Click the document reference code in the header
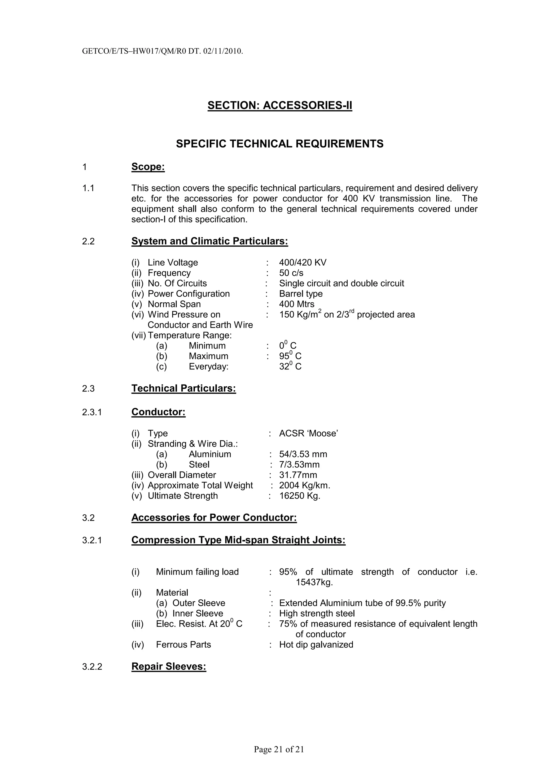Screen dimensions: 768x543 (x=162, y=51)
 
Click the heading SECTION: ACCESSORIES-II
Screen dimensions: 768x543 (x=280, y=105)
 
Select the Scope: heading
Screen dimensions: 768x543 (x=148, y=167)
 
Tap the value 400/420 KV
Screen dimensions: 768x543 (x=303, y=263)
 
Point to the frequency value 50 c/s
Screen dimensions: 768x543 (x=291, y=273)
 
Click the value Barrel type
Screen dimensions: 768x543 (x=301, y=294)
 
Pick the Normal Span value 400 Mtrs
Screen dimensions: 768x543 (x=296, y=304)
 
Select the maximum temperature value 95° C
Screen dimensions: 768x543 (x=290, y=356)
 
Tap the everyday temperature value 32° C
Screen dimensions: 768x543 (x=290, y=367)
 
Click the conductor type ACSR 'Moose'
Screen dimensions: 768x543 (x=308, y=434)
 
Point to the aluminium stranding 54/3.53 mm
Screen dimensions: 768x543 (x=303, y=454)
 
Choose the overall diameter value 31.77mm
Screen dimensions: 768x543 (x=298, y=475)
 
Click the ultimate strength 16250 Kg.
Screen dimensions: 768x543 (x=299, y=496)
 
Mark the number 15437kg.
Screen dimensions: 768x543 (x=314, y=582)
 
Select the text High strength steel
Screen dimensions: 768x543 (x=317, y=613)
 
